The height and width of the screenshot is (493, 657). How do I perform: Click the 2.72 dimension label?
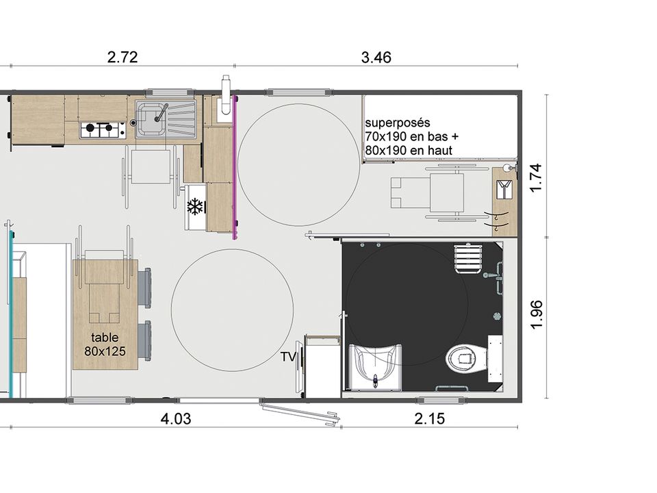tap(123, 57)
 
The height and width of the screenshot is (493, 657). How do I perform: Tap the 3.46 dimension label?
tap(376, 58)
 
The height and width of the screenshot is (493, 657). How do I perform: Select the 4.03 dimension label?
tap(176, 418)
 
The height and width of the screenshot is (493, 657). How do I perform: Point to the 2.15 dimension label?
tap(430, 418)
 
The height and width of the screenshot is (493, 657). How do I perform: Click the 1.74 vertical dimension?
tap(537, 178)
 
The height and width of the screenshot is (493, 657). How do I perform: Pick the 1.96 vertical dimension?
tap(537, 315)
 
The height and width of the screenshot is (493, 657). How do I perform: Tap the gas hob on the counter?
tap(103, 130)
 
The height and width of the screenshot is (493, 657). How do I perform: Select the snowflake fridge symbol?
tap(195, 207)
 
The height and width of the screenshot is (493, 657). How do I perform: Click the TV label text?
tap(288, 357)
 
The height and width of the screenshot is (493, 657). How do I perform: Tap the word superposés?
tap(398, 123)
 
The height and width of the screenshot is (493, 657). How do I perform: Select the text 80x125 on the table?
tap(105, 351)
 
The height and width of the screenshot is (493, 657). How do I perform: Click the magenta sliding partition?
tap(235, 167)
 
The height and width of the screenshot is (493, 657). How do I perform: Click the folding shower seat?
tap(467, 259)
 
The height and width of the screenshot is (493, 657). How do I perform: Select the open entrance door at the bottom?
tap(300, 412)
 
